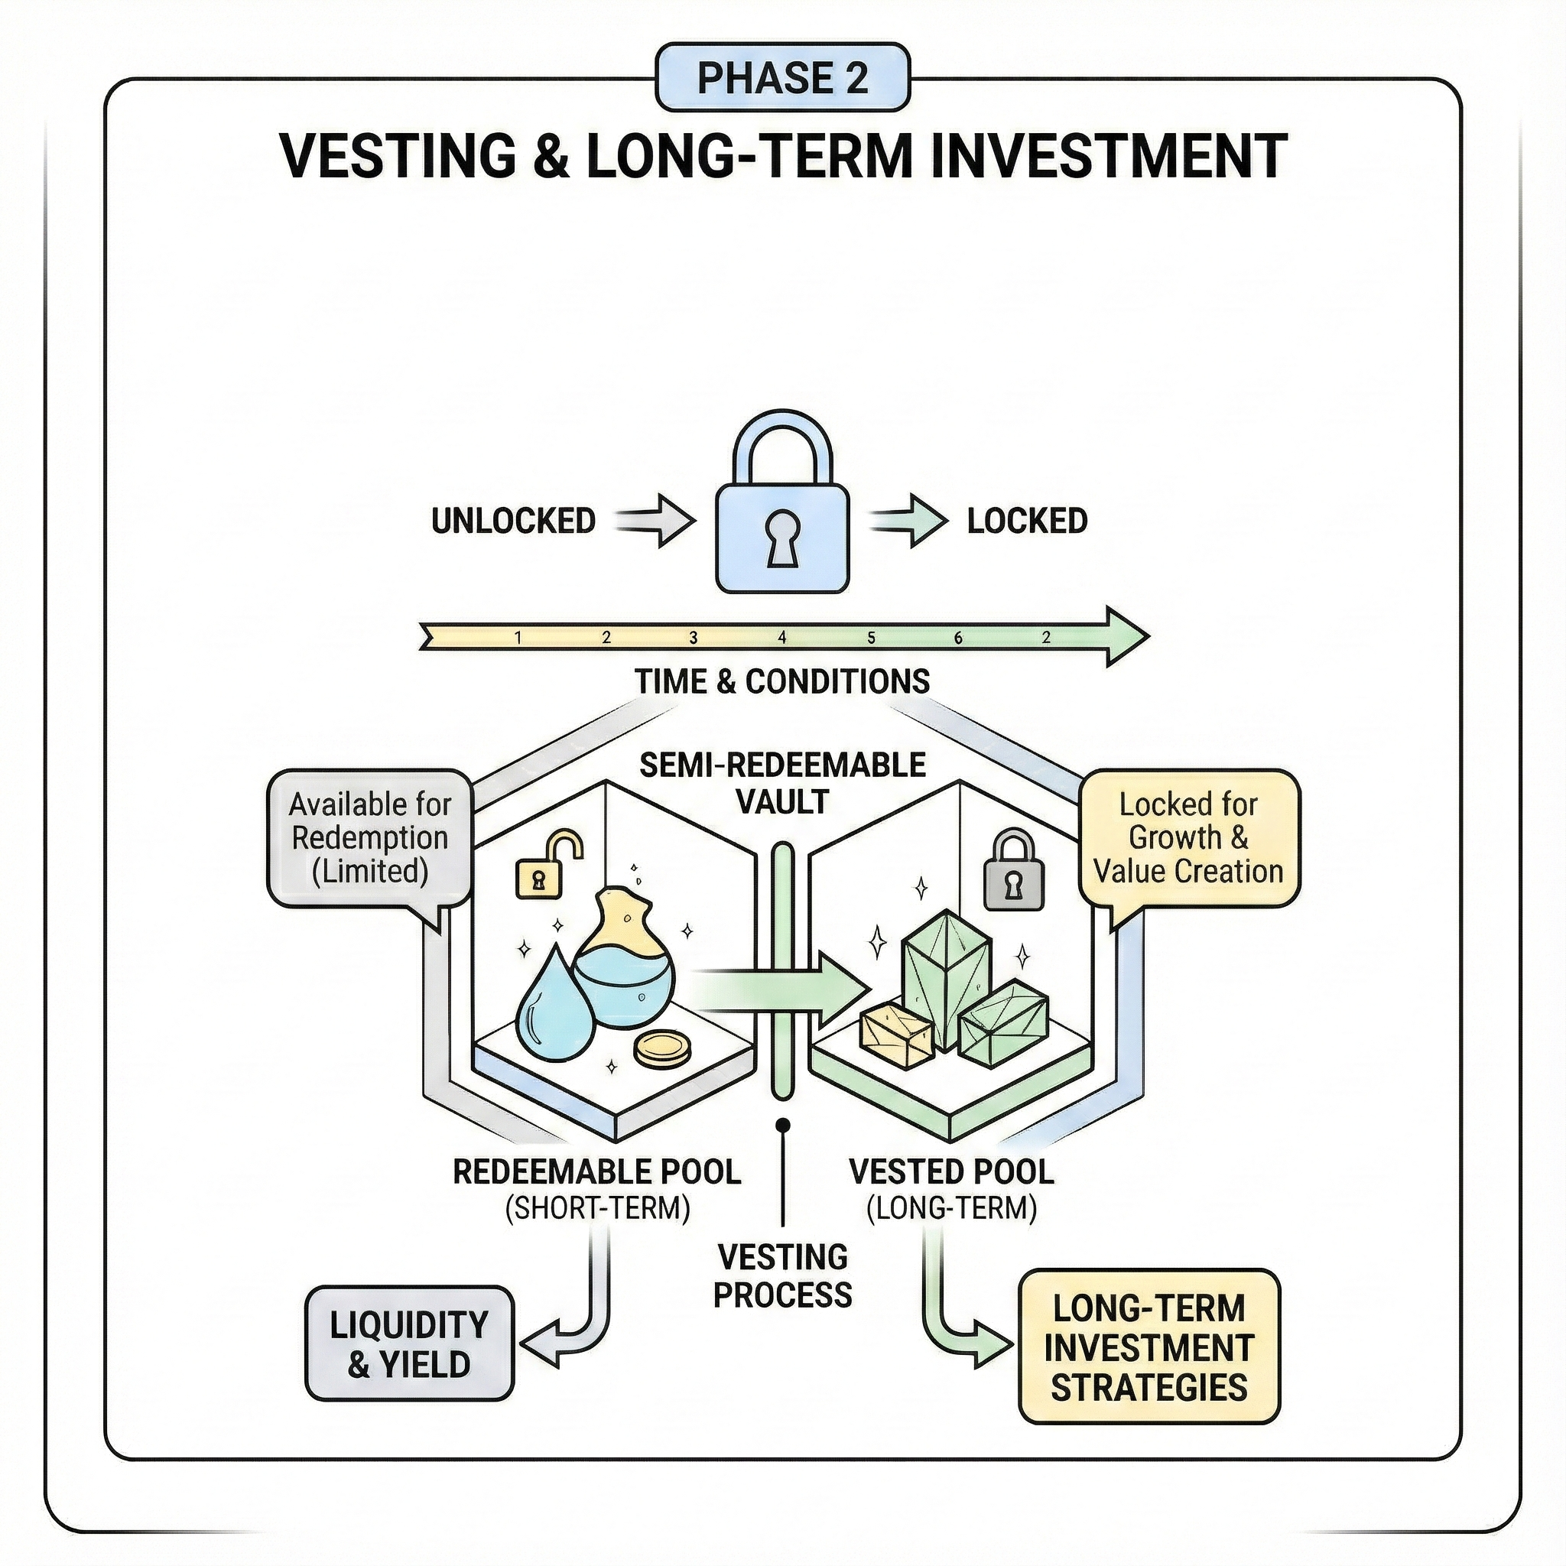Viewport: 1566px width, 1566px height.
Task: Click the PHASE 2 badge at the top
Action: click(x=782, y=79)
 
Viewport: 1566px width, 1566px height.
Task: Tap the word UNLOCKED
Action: click(x=513, y=521)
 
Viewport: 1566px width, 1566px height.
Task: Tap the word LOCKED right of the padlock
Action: click(x=1027, y=521)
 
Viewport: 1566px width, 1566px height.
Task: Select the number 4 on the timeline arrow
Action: click(x=782, y=638)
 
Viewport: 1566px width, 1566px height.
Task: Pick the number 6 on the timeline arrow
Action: click(x=958, y=638)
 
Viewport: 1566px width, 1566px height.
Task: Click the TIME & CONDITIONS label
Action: click(x=782, y=681)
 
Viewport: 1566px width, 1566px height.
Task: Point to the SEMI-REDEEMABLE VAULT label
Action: click(x=782, y=783)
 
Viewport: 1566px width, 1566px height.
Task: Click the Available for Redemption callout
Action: click(x=369, y=838)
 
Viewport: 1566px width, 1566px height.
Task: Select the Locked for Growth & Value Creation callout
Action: click(x=1188, y=838)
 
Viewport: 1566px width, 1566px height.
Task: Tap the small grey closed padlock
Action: click(x=1013, y=874)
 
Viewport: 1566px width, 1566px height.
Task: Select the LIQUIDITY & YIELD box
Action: click(x=409, y=1344)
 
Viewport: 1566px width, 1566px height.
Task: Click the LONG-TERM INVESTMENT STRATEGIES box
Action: click(x=1149, y=1348)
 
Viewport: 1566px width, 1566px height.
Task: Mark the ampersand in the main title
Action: click(x=551, y=157)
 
